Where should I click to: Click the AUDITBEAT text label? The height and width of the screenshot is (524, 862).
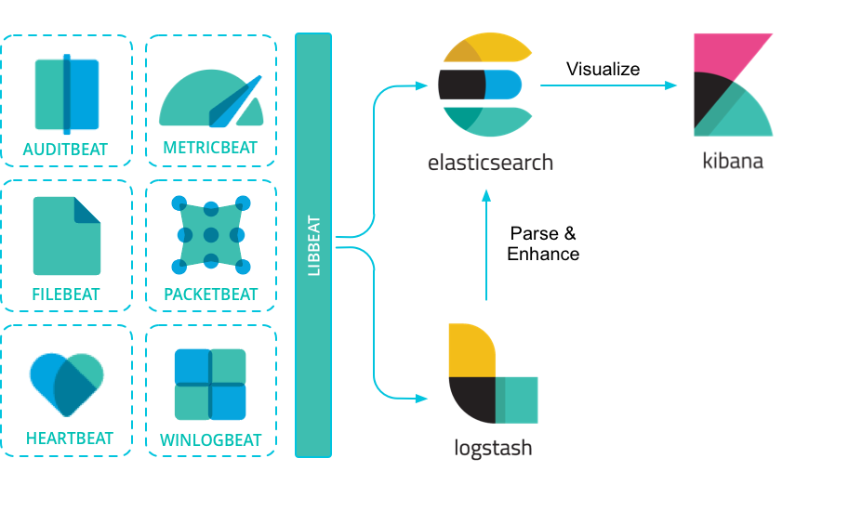coord(66,149)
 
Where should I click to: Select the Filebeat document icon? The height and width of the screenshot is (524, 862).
coord(66,236)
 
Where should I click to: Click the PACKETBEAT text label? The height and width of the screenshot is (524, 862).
coord(211,295)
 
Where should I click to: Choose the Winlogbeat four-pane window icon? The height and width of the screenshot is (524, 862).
coord(211,384)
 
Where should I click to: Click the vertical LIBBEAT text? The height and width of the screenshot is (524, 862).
coord(313,246)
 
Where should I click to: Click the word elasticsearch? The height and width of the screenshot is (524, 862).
coord(490,163)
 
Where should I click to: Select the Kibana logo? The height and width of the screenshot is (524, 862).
coord(733,85)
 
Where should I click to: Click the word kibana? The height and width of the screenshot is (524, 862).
coord(733,161)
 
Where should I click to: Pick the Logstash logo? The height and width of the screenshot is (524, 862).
coord(491,373)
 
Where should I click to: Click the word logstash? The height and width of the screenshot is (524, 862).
coord(493,448)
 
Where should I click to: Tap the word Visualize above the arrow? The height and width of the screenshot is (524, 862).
coord(603,69)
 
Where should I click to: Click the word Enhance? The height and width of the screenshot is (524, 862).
coord(543,254)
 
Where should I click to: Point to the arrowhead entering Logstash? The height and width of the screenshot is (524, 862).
coord(423,399)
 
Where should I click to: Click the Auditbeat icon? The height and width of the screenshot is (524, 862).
coord(66,95)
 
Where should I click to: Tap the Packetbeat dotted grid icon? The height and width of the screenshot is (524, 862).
coord(211,235)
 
